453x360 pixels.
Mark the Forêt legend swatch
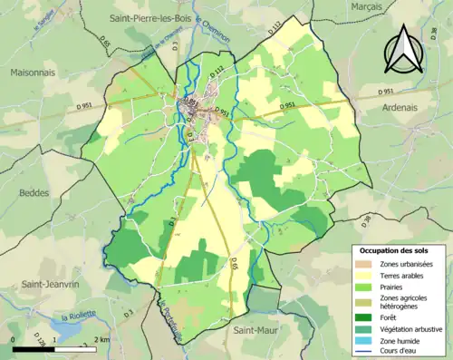tap(366, 316)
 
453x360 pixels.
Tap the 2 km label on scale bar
tap(102, 339)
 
